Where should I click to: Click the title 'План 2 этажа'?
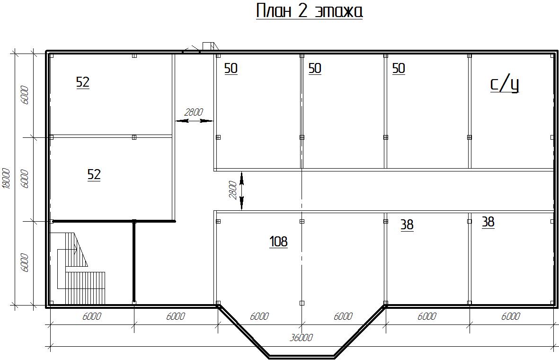pyautogui.click(x=310, y=11)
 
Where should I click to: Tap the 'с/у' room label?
pyautogui.click(x=505, y=84)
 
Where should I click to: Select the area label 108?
pyautogui.click(x=278, y=242)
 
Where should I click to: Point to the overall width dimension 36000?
pyautogui.click(x=301, y=337)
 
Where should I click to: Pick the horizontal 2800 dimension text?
pyautogui.click(x=194, y=112)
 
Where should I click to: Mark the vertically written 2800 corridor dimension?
pyautogui.click(x=232, y=190)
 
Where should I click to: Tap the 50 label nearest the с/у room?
pyautogui.click(x=399, y=69)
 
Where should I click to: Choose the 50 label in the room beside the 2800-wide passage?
pyautogui.click(x=231, y=69)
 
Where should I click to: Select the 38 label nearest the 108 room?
pyautogui.click(x=407, y=225)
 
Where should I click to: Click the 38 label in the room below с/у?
pyautogui.click(x=488, y=222)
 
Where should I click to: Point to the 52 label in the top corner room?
pyautogui.click(x=83, y=82)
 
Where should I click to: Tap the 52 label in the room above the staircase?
pyautogui.click(x=94, y=174)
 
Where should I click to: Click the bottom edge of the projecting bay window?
pyautogui.click(x=302, y=356)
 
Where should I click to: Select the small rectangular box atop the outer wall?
pyautogui.click(x=208, y=46)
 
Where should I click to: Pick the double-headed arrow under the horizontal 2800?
pyautogui.click(x=194, y=121)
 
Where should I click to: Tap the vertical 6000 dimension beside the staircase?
pyautogui.click(x=25, y=263)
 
